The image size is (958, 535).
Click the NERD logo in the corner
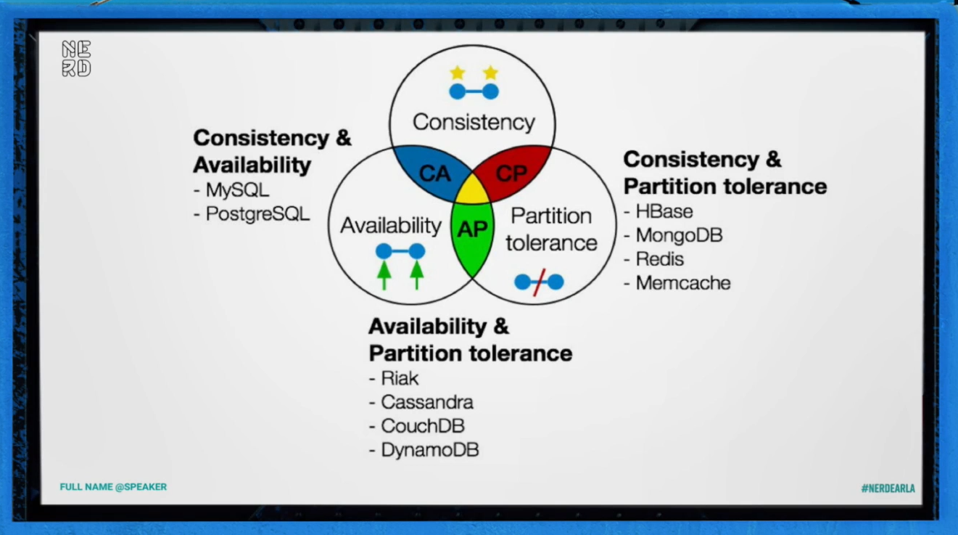(76, 59)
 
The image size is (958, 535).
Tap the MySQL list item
(237, 191)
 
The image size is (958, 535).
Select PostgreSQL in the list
(257, 214)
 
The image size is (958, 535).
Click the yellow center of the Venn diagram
(473, 189)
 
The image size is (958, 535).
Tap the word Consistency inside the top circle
(474, 122)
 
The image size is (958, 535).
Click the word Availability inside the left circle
(391, 226)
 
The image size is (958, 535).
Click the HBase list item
(664, 211)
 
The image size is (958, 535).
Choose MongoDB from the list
(679, 235)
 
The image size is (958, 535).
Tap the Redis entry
(659, 259)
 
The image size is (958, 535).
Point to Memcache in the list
(682, 283)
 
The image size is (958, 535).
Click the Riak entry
(400, 378)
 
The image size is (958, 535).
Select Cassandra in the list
(426, 402)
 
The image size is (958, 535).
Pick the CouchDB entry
(422, 426)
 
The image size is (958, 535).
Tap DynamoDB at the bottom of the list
(429, 450)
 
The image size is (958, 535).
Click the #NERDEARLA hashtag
(888, 489)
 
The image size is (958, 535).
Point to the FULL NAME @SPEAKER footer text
(113, 487)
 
